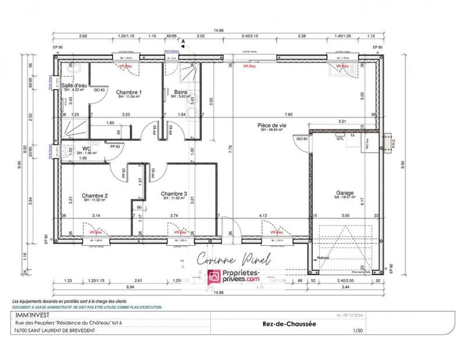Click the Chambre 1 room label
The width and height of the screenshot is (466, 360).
pyautogui.click(x=129, y=93)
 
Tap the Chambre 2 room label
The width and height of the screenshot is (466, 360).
pyautogui.click(x=94, y=196)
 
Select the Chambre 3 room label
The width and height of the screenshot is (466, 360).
pyautogui.click(x=174, y=193)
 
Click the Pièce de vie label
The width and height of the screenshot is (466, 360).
pyautogui.click(x=271, y=125)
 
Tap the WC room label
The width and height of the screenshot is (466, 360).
pyautogui.click(x=87, y=149)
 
